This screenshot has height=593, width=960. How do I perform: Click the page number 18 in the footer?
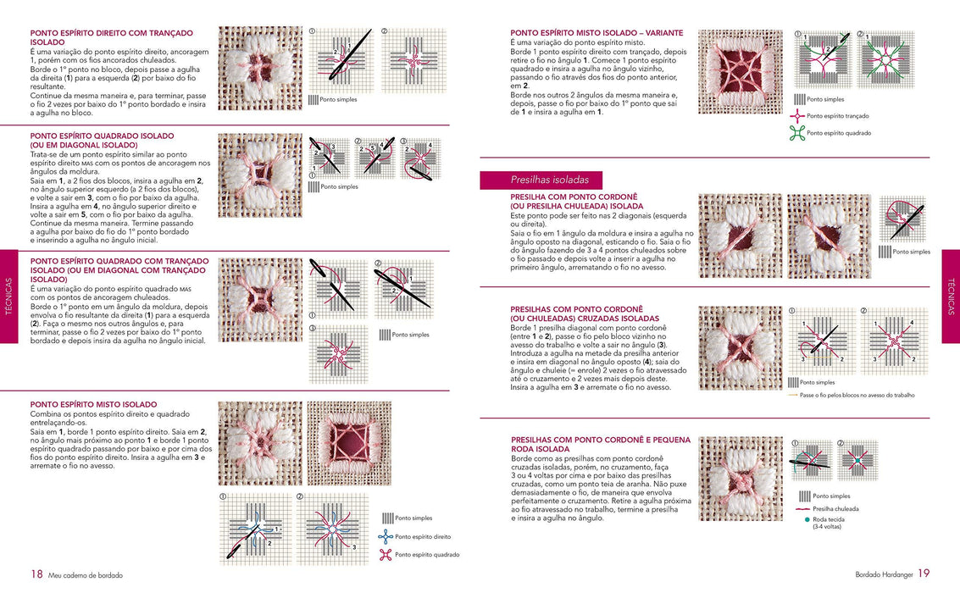pyautogui.click(x=36, y=574)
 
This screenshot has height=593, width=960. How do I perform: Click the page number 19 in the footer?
pyautogui.click(x=924, y=574)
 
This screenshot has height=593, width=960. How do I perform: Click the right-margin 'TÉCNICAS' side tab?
pyautogui.click(x=951, y=296)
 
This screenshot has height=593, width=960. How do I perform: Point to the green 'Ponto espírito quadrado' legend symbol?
pyautogui.click(x=796, y=133)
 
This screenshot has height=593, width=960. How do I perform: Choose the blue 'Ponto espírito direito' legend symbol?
pyautogui.click(x=386, y=536)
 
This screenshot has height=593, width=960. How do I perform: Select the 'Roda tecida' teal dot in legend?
pyautogui.click(x=796, y=519)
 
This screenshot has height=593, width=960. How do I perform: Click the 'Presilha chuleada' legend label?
pyautogui.click(x=835, y=508)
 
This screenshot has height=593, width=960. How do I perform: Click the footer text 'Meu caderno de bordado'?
pyautogui.click(x=86, y=575)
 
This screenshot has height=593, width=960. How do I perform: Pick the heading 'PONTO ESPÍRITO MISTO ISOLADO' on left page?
pyautogui.click(x=92, y=405)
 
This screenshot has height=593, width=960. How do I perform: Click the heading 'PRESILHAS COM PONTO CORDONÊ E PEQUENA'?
pyautogui.click(x=601, y=440)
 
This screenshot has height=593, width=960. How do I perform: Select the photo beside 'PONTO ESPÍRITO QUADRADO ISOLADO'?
pyautogui.click(x=260, y=175)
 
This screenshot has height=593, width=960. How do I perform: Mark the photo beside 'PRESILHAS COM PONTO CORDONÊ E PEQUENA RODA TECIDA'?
pyautogui.click(x=740, y=479)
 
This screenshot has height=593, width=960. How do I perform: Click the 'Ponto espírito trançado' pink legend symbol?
pyautogui.click(x=796, y=115)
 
